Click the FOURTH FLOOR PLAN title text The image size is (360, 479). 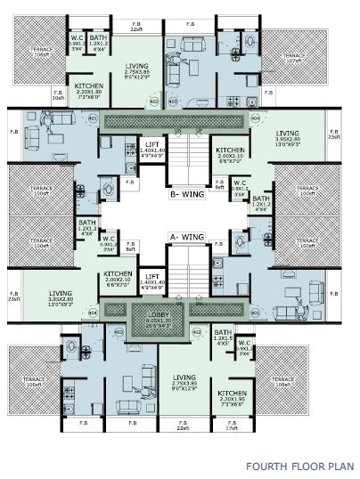tap(300, 465)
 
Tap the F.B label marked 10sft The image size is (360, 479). tap(59, 96)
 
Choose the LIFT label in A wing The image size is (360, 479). tap(152, 277)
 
